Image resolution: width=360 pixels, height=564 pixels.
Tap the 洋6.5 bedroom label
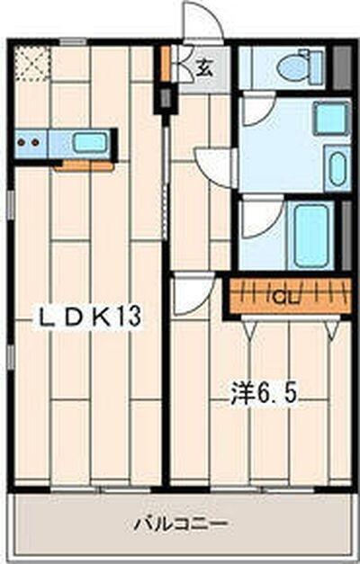click(262, 394)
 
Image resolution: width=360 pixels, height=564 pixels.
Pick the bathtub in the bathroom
click(311, 235)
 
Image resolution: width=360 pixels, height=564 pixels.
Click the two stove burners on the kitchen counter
click(30, 141)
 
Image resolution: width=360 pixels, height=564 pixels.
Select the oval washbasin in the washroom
click(337, 168)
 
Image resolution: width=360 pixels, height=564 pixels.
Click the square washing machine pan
click(330, 118)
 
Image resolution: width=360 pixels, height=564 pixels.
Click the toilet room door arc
click(256, 109)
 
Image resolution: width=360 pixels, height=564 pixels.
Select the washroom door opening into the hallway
click(216, 167)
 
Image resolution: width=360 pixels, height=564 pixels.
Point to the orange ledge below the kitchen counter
click(84, 166)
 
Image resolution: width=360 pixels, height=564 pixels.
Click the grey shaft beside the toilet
click(341, 67)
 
